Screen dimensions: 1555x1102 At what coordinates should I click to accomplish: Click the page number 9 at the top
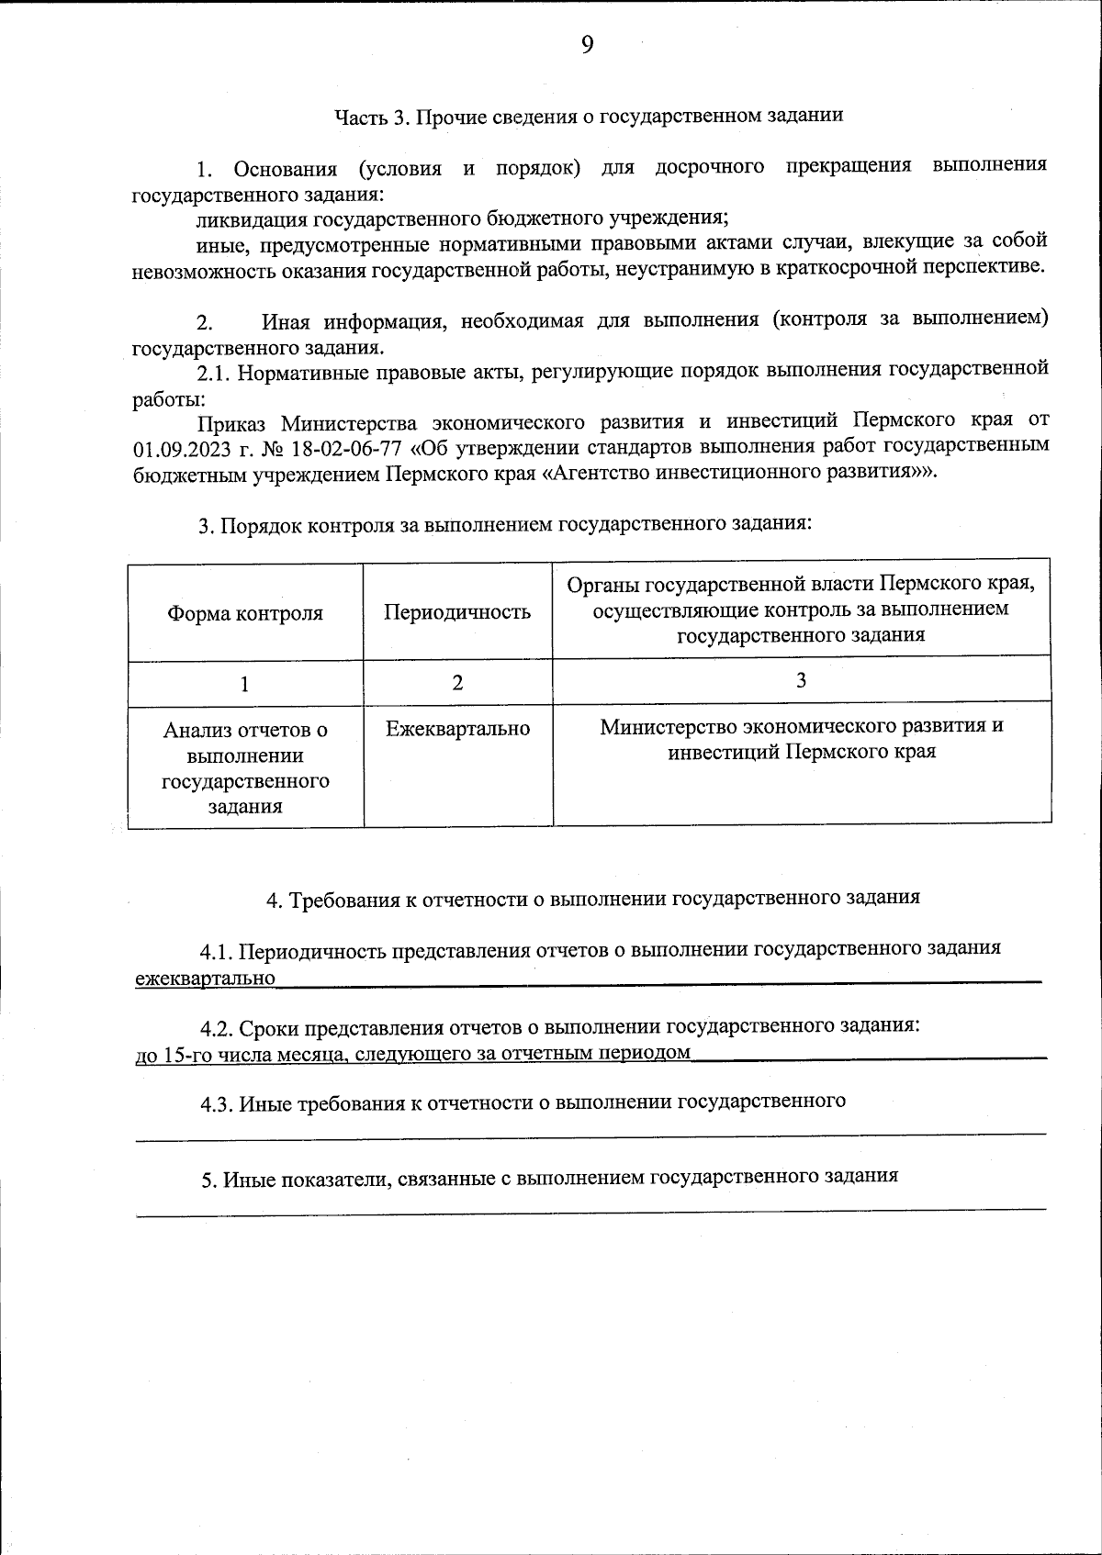pos(587,45)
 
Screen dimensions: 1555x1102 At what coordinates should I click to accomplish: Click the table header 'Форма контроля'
pos(244,613)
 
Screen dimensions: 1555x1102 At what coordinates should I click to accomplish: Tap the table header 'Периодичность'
pos(456,612)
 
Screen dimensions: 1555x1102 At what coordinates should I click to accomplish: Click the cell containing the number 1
pos(244,684)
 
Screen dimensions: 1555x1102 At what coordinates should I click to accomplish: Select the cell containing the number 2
pos(457,682)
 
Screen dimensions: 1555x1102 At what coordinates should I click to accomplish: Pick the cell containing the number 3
pos(801,680)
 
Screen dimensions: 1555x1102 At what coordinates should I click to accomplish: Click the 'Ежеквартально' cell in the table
pos(457,729)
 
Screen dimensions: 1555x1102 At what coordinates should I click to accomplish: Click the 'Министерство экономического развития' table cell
pos(801,739)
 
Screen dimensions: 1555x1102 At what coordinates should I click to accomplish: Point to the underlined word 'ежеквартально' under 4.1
pos(205,979)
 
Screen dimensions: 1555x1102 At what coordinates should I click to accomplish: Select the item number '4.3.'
pos(217,1103)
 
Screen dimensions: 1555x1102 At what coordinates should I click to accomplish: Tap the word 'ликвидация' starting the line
pos(251,218)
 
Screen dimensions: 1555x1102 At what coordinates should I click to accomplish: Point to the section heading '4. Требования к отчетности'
pos(592,899)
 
